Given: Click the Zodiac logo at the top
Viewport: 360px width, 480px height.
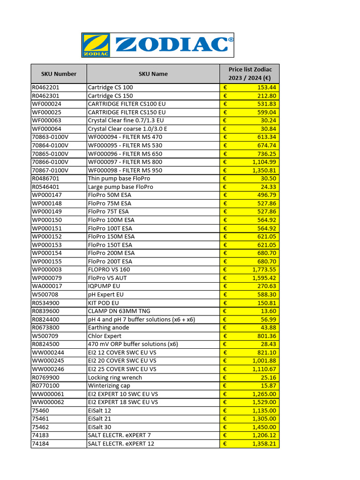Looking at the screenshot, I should coord(157,45).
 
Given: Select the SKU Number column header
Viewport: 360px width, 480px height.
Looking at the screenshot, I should coord(59,74).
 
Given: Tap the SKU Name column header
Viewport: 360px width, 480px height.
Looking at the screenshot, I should coord(153,74).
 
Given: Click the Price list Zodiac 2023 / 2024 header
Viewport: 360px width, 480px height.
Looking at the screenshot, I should coord(249,74).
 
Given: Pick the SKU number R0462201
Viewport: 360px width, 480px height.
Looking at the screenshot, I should coord(46,87).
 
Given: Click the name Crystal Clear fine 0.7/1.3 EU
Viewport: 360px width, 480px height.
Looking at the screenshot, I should coord(126,120).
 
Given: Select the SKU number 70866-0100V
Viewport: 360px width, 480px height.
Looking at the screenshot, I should coord(50,162).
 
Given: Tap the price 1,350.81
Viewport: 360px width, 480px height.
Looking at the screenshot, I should coord(264,170).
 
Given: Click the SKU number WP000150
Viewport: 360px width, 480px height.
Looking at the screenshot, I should coord(47,220).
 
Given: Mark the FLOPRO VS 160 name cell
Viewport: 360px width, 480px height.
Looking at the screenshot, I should coord(109,270).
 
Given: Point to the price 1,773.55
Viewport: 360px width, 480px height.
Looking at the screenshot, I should coord(264,270).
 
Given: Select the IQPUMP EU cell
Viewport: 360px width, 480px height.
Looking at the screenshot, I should coord(104,286).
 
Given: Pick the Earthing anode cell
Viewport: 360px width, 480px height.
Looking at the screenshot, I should coord(108,328).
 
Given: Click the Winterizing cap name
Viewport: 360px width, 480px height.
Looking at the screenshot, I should coord(109,385).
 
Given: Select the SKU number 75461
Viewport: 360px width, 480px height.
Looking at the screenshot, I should coord(40,419).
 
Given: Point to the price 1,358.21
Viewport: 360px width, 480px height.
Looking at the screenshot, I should coord(264,443).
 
